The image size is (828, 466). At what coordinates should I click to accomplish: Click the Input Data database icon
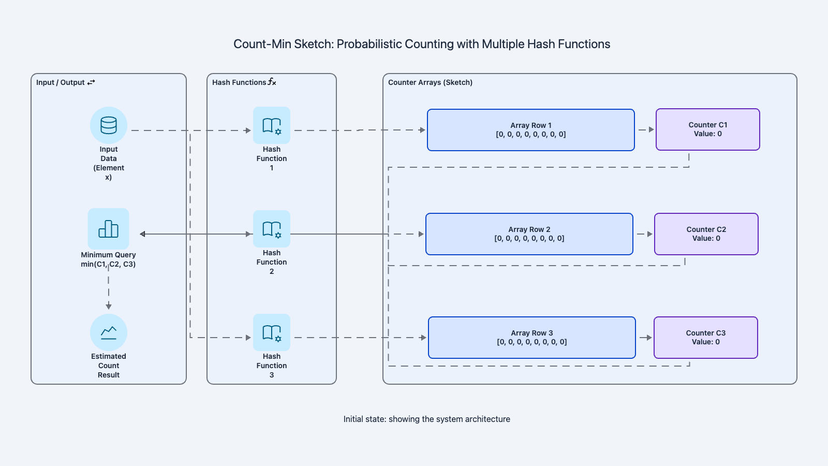coord(109,125)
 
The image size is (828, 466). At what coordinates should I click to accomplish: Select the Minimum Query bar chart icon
coord(109,229)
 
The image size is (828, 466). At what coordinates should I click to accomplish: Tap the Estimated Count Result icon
coord(109,332)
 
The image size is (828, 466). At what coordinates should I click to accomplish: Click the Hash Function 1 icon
coord(272,125)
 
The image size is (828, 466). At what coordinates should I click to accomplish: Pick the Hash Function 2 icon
coord(272,229)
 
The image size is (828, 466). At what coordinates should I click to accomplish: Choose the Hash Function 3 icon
coord(272,332)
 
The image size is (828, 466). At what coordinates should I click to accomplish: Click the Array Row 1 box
coord(531,130)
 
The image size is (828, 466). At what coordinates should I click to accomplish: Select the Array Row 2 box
coord(529,234)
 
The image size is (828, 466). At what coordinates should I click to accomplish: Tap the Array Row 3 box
coord(532,338)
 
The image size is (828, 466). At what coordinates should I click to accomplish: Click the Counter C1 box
coord(708,129)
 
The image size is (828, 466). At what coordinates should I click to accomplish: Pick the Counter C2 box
coord(706,234)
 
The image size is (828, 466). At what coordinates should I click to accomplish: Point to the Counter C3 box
coord(706,338)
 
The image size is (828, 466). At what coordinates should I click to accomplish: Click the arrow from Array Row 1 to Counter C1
coord(646,129)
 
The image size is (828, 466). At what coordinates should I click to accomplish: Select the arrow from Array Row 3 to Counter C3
coord(645,338)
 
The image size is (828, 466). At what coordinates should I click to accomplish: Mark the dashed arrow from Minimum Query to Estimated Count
coord(109,290)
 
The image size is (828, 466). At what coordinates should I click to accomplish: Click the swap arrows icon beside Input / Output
coord(91,82)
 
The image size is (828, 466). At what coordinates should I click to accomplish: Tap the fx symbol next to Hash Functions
coord(272,82)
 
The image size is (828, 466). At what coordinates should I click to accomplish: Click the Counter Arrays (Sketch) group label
coord(430,82)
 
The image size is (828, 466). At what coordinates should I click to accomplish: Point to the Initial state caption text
coord(426,419)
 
